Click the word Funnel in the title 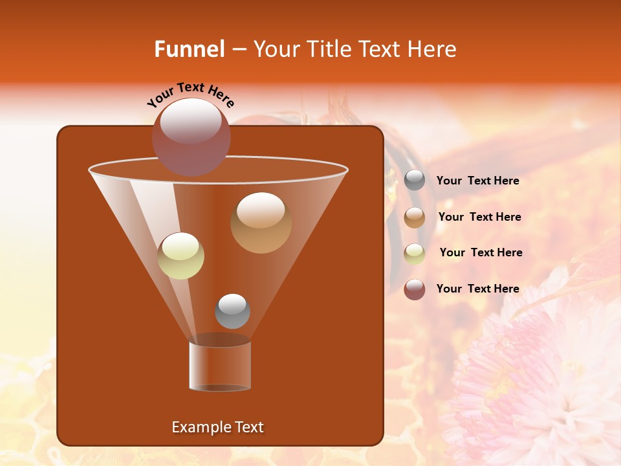click(x=189, y=49)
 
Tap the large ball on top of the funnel click(x=191, y=136)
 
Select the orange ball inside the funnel click(x=261, y=222)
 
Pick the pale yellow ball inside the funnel click(x=180, y=256)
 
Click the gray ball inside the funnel click(x=232, y=311)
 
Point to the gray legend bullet click(x=415, y=181)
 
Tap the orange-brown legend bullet click(x=415, y=217)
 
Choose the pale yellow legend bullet click(x=415, y=253)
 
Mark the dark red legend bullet click(x=415, y=289)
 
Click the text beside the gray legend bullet click(x=477, y=181)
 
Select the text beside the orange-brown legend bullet click(x=479, y=217)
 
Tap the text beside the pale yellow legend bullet click(x=481, y=252)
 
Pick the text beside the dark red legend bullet click(x=477, y=289)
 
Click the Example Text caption click(x=217, y=427)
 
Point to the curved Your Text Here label click(x=190, y=94)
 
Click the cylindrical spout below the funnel click(x=220, y=366)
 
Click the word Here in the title click(x=433, y=49)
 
